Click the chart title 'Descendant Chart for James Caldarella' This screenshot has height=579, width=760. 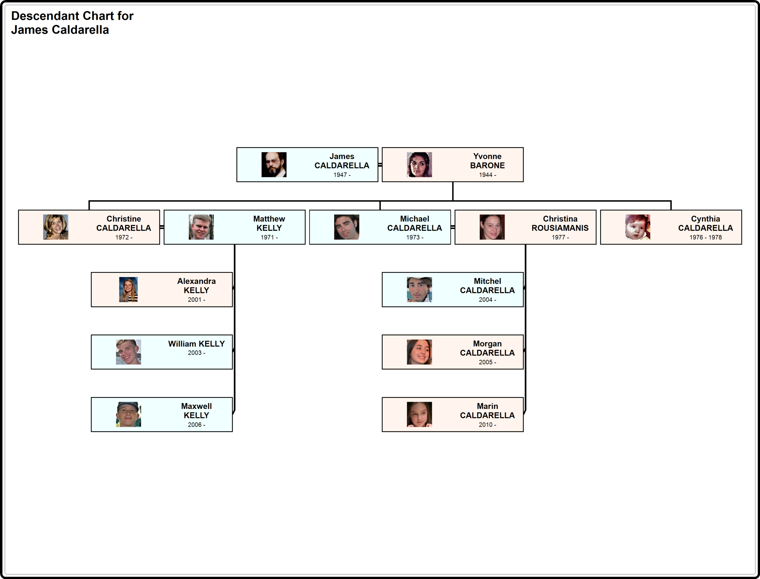pos(72,23)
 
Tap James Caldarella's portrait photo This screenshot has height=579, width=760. pos(274,165)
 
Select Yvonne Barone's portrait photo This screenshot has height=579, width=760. pos(419,165)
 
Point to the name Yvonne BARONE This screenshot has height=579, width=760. pos(487,161)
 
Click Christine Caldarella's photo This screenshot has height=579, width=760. pos(56,227)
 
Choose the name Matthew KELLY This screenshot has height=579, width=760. pos(269,223)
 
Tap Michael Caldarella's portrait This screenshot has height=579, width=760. pos(346,227)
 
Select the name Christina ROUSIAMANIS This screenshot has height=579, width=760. pos(560,223)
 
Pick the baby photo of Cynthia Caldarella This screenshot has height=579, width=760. pos(638,227)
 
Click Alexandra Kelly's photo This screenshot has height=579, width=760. pos(129,289)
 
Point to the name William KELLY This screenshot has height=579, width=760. pos(196,344)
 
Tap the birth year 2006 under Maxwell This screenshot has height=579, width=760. pos(196,425)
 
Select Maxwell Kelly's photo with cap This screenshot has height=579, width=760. pos(129,414)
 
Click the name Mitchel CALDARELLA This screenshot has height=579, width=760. pos(487,286)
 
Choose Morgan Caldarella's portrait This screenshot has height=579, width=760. pos(419,352)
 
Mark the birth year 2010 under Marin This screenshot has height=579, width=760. pos(487,425)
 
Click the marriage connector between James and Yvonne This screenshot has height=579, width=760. pos(380,165)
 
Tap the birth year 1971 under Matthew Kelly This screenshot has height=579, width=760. pos(269,238)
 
